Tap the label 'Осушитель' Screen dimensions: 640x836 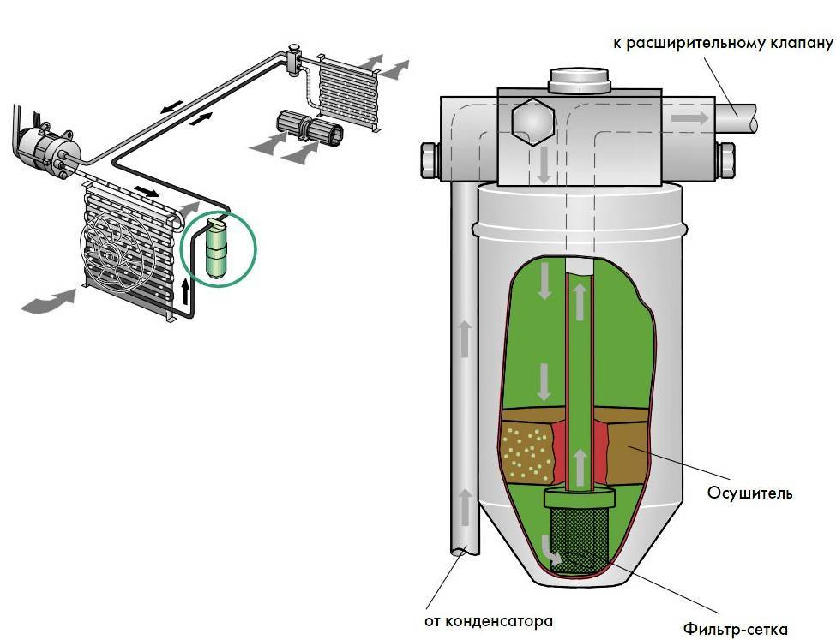[x=749, y=493]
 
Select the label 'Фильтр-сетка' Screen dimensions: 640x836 [x=735, y=629]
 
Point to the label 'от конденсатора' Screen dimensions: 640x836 [x=488, y=620]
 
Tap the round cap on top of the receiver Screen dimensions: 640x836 [x=578, y=81]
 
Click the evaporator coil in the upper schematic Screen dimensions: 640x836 [x=347, y=86]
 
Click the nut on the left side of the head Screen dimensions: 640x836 [x=427, y=159]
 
